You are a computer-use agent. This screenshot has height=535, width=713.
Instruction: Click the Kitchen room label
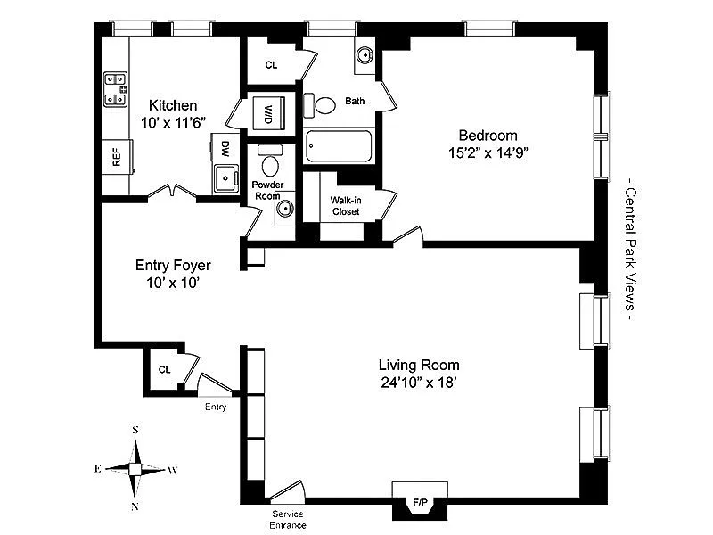[173, 105]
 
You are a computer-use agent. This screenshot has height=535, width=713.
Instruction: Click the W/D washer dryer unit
[268, 113]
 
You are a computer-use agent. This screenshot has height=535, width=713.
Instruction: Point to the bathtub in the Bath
[339, 146]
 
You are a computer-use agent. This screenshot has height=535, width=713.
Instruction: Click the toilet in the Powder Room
[270, 165]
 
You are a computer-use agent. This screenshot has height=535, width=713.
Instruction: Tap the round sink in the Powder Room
[284, 210]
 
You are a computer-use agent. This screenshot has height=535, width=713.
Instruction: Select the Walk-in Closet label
[345, 206]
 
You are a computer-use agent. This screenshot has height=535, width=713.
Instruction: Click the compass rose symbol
[135, 469]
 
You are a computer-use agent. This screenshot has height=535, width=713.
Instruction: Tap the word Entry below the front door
[216, 407]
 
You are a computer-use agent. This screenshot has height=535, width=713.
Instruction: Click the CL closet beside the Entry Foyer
[165, 369]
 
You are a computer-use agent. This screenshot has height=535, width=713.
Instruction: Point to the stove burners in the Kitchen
[116, 89]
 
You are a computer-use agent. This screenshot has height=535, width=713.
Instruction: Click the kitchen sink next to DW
[226, 177]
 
